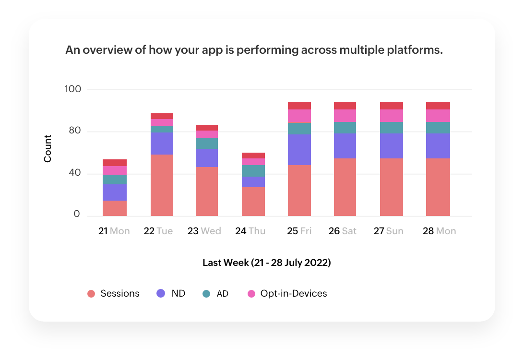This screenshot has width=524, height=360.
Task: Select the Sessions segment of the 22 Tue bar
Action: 162,185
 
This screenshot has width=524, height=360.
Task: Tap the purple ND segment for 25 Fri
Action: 299,150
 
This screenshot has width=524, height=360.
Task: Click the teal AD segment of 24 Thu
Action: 253,171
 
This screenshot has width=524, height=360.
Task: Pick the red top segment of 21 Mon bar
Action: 115,163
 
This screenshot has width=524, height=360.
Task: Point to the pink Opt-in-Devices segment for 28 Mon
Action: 438,116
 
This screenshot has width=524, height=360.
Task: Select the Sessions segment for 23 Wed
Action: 207,191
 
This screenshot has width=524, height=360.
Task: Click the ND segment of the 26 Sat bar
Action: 345,146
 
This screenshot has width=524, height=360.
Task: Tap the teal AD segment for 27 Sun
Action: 391,128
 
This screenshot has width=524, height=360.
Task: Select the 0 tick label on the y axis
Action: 77,215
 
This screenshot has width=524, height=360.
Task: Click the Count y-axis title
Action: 48,149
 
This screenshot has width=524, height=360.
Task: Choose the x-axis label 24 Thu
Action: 250,231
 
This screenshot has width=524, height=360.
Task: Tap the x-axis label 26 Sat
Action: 342,231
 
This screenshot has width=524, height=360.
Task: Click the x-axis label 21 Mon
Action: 114,231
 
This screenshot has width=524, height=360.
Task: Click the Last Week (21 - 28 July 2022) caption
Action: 266,263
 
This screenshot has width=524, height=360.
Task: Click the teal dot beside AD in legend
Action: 206,294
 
